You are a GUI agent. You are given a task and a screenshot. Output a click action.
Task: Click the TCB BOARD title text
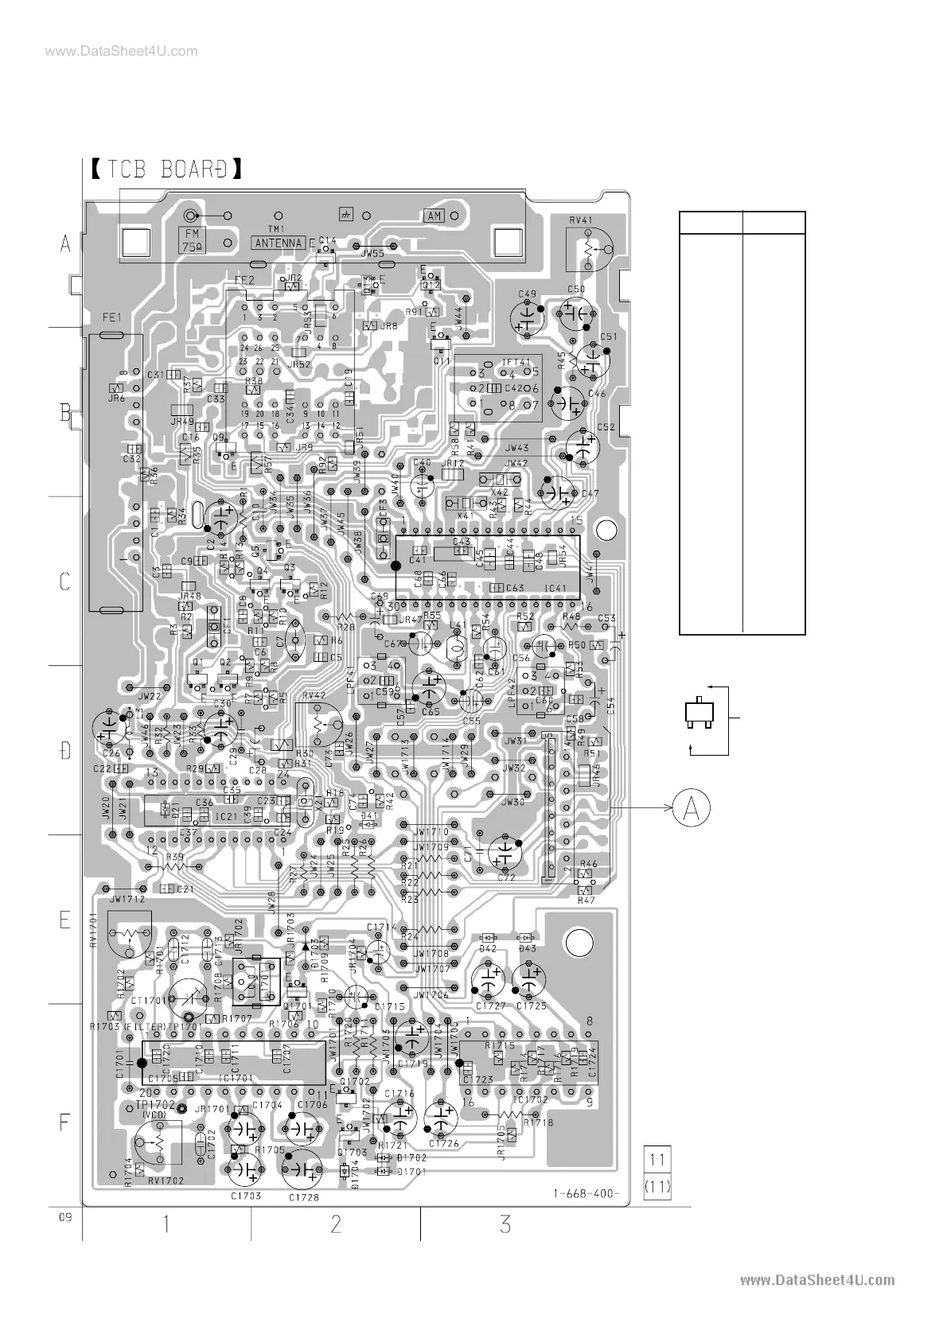(x=165, y=169)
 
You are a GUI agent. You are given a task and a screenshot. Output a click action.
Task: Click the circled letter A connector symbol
(x=692, y=808)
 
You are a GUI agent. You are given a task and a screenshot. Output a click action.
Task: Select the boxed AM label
(x=435, y=216)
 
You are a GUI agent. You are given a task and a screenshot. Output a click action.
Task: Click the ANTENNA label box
(x=279, y=243)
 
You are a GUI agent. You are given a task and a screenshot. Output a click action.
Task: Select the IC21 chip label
(x=226, y=816)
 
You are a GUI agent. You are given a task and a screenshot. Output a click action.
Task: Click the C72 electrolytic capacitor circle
(x=504, y=854)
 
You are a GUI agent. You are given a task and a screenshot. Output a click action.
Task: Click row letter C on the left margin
(x=66, y=581)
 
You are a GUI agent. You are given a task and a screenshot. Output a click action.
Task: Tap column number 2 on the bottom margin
(x=335, y=1224)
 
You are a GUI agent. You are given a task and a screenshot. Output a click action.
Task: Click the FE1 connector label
(x=111, y=317)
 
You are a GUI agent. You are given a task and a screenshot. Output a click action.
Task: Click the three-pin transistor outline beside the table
(x=700, y=713)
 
